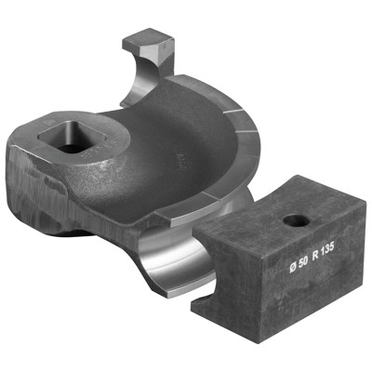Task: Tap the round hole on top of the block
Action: [297, 221]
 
